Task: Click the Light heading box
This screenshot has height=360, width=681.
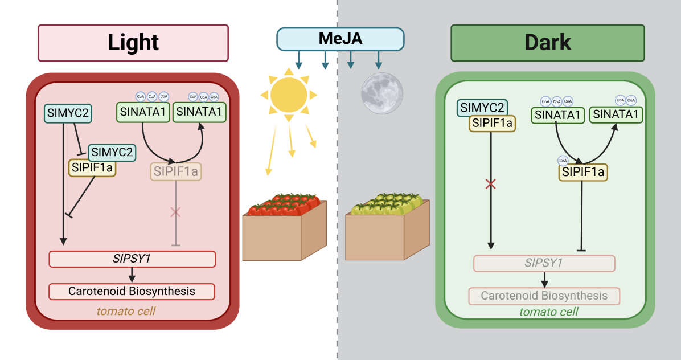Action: click(x=133, y=43)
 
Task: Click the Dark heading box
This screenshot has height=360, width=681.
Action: click(x=547, y=43)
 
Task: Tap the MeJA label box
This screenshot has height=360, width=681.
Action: click(x=340, y=39)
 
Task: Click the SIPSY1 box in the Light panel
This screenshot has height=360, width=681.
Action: click(x=132, y=259)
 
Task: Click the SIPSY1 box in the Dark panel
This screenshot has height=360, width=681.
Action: click(x=544, y=263)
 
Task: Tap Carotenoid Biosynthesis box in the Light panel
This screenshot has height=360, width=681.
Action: click(x=132, y=292)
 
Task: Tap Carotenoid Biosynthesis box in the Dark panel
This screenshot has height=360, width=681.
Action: click(x=544, y=296)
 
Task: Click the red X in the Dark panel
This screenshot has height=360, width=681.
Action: click(x=490, y=184)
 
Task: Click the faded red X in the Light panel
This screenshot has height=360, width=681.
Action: click(x=175, y=212)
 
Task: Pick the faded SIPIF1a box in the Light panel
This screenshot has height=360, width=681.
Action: click(x=177, y=171)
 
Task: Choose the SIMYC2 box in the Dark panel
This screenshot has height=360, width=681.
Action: click(x=482, y=108)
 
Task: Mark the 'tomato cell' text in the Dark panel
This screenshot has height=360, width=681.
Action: click(x=548, y=312)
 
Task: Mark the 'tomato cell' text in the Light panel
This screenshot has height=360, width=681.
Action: click(x=126, y=311)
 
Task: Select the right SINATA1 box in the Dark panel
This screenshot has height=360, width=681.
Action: click(x=616, y=115)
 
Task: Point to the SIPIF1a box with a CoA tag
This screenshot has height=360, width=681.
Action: click(x=583, y=172)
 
